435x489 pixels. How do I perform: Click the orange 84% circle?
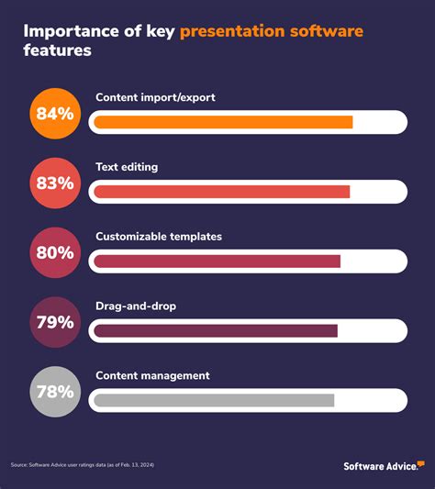click(x=55, y=115)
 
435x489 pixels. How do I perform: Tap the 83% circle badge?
click(x=55, y=183)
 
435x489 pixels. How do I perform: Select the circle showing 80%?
click(x=55, y=252)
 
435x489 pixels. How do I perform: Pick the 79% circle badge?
click(x=55, y=322)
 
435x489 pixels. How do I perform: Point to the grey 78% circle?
click(x=55, y=392)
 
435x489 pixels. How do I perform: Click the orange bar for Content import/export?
click(x=223, y=122)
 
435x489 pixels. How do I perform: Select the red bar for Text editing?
click(x=222, y=192)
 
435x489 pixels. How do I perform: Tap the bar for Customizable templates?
click(x=217, y=261)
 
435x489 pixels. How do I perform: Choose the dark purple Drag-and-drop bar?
click(x=216, y=330)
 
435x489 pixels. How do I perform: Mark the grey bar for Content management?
click(x=214, y=400)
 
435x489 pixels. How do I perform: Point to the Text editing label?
click(x=127, y=167)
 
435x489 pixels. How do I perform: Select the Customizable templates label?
click(x=159, y=237)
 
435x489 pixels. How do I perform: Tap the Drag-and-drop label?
click(x=136, y=306)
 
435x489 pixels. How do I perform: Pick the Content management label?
click(x=152, y=375)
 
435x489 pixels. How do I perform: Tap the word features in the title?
click(x=57, y=52)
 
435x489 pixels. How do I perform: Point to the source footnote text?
click(x=83, y=466)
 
